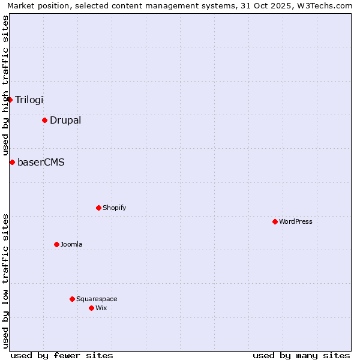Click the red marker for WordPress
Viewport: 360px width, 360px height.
click(x=275, y=221)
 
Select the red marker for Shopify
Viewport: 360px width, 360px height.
click(x=98, y=208)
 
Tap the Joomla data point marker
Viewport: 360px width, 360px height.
click(x=56, y=244)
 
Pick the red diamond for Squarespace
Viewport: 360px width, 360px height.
click(x=72, y=299)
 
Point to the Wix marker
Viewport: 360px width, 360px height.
click(x=91, y=308)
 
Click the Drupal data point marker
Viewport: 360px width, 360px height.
click(x=44, y=120)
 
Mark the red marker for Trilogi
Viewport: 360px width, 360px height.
click(x=10, y=100)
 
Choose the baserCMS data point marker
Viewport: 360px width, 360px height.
click(x=12, y=162)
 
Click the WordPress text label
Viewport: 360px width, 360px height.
click(x=296, y=221)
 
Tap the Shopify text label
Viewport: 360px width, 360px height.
click(x=115, y=208)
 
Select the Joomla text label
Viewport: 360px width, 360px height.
click(x=71, y=244)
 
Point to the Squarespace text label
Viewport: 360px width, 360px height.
click(x=97, y=299)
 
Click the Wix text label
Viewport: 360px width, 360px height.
click(x=101, y=308)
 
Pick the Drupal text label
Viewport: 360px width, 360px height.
click(x=65, y=120)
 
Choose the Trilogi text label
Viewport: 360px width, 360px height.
click(x=29, y=100)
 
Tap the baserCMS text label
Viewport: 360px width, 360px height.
click(x=41, y=162)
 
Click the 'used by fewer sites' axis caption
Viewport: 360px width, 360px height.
click(x=62, y=355)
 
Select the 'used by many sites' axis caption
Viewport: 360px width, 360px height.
click(x=301, y=355)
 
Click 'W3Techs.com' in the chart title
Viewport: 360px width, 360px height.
click(x=326, y=6)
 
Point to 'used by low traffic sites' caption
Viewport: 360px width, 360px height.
click(x=6, y=280)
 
